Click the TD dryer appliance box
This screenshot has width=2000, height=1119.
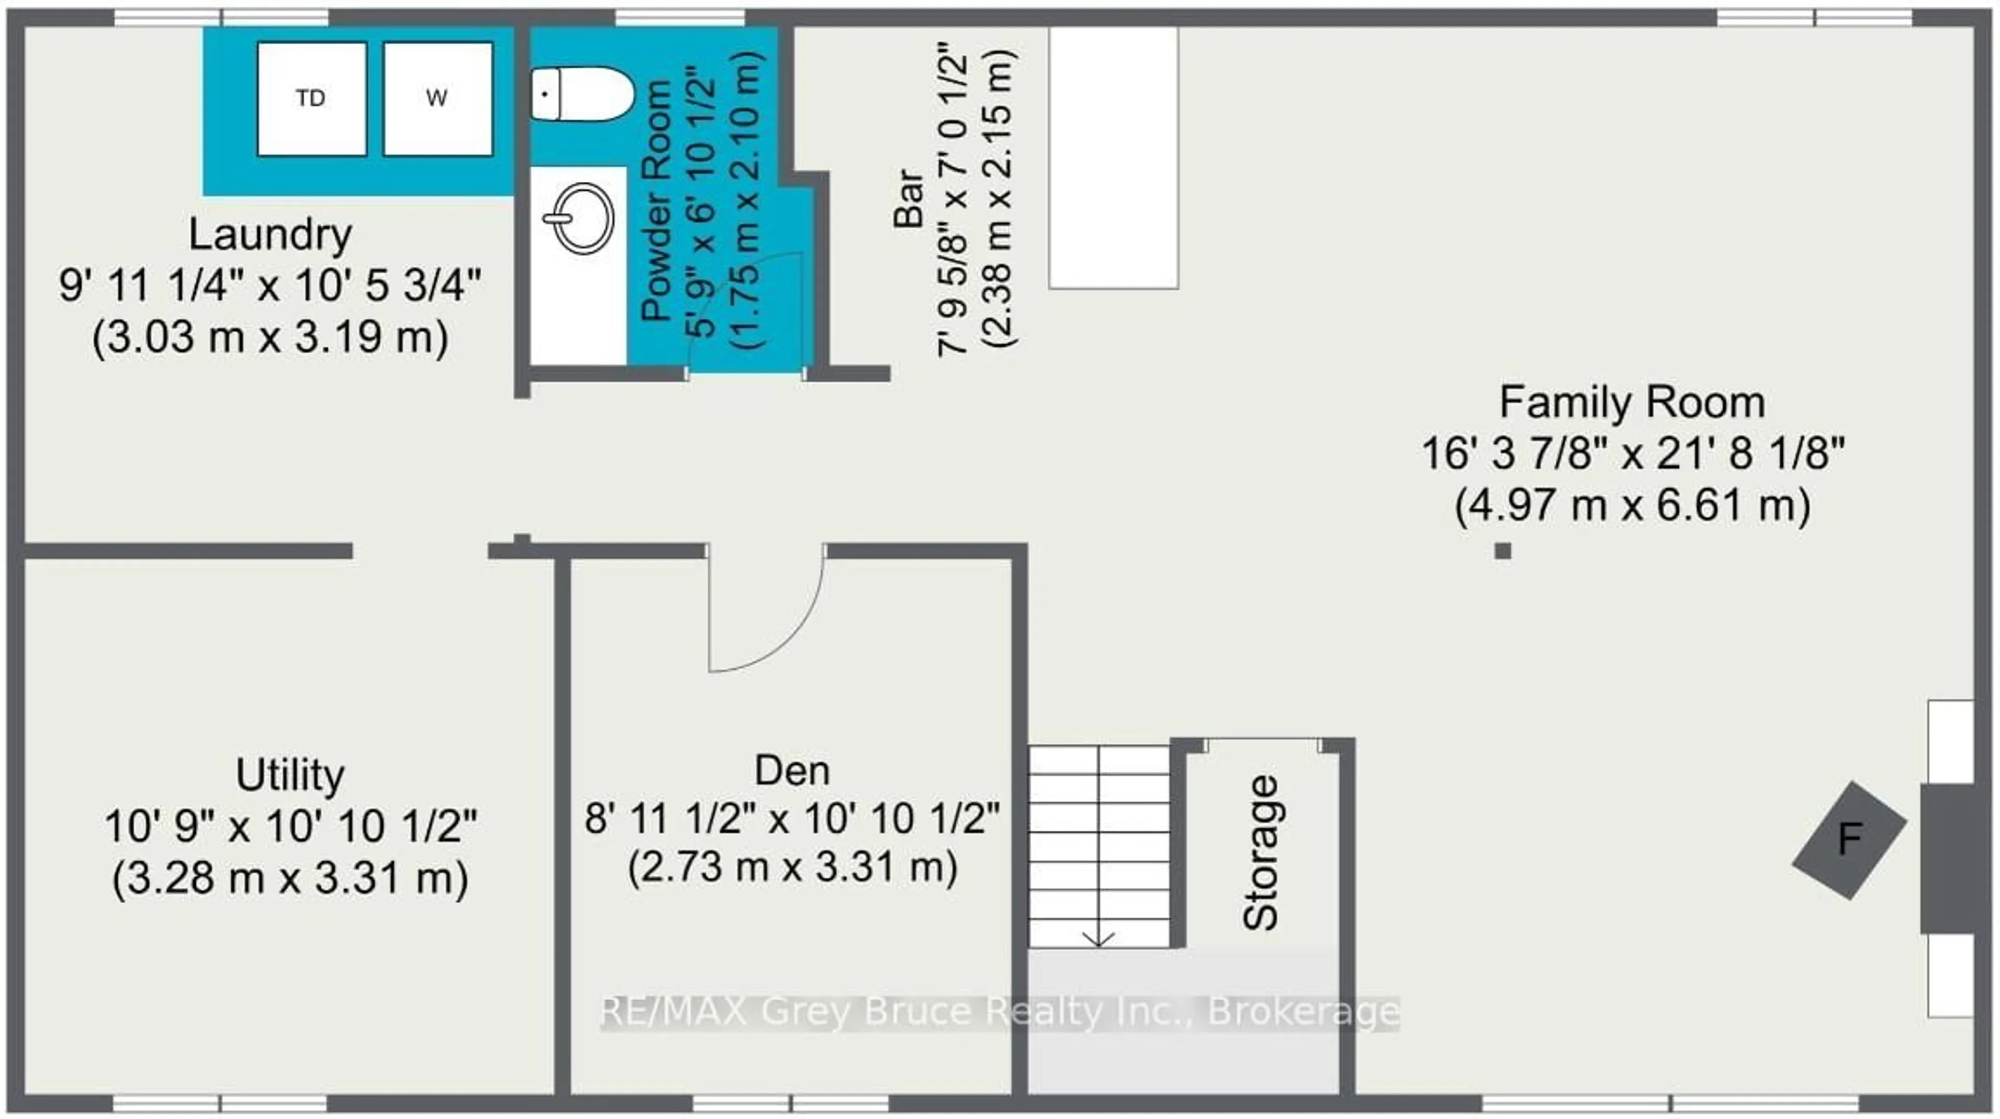tap(311, 98)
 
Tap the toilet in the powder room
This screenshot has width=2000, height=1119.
tap(582, 94)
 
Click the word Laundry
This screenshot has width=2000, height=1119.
tap(270, 234)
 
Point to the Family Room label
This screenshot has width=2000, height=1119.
tap(1632, 402)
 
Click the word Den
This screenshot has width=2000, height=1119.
tap(792, 771)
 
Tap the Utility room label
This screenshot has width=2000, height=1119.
tap(290, 775)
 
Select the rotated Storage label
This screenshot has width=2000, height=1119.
tap(1260, 853)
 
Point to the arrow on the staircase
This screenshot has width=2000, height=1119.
tap(1098, 938)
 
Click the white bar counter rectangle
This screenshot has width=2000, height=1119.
tap(1114, 158)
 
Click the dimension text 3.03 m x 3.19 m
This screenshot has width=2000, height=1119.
tap(270, 338)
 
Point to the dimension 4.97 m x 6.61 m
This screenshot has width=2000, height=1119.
tap(1632, 505)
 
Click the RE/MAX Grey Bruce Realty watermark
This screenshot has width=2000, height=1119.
tap(1000, 1012)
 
